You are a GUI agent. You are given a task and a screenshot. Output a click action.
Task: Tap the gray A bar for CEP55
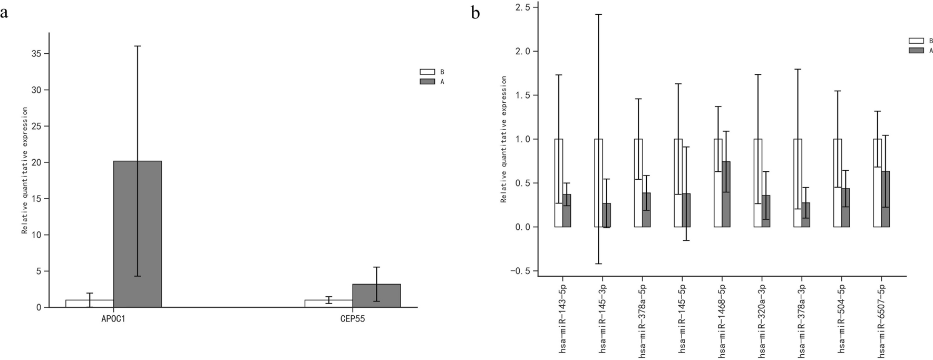[x=376, y=296]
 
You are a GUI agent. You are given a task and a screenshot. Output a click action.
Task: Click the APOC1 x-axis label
[x=113, y=319]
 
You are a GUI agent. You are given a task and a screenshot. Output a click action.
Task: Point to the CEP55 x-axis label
[x=353, y=319]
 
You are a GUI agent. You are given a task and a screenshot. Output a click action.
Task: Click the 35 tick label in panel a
[x=35, y=54]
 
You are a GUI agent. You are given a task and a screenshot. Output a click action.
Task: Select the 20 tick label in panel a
[x=35, y=162]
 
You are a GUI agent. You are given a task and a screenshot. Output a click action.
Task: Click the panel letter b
[x=475, y=13]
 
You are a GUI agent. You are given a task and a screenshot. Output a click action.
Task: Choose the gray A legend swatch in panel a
[x=427, y=82]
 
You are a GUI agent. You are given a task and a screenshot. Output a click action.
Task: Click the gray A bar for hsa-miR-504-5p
[x=845, y=208]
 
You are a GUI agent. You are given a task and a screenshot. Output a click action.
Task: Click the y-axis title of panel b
[x=503, y=139]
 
